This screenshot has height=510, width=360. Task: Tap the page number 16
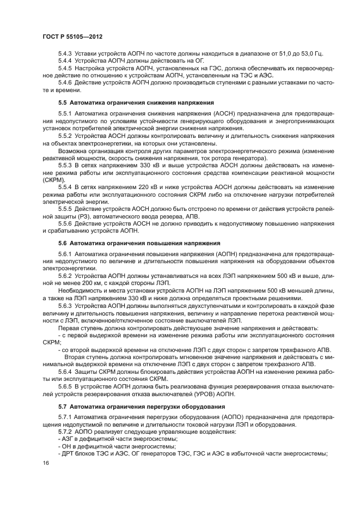click(45, 463)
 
